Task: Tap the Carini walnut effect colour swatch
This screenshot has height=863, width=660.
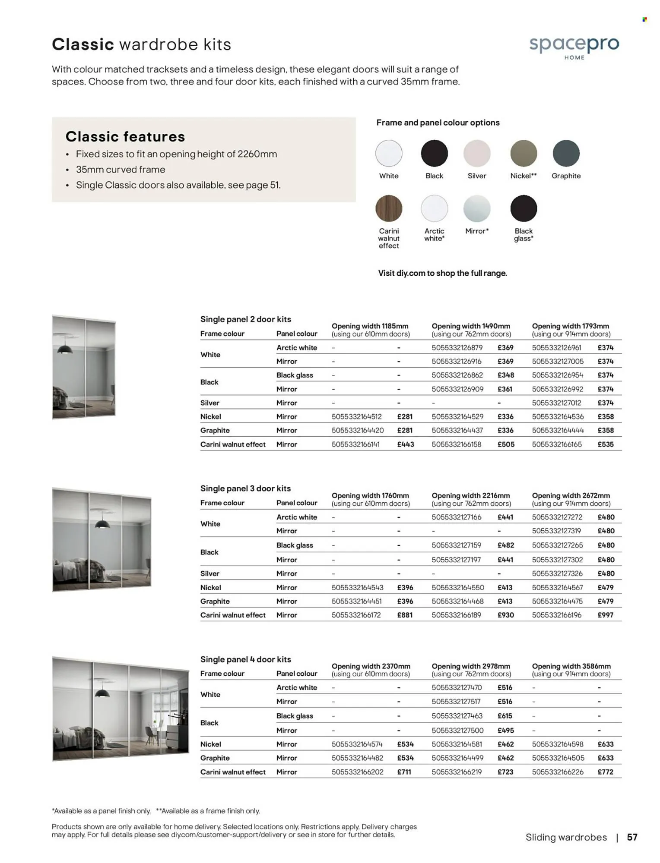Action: point(389,208)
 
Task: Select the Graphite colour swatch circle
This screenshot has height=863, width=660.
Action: point(566,154)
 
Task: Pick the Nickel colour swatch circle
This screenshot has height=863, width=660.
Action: point(524,154)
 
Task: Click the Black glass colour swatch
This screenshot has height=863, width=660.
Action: point(524,208)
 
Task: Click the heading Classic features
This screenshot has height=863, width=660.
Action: point(125,137)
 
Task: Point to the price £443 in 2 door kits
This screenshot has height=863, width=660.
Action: point(406,444)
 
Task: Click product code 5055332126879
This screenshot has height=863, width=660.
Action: point(457,348)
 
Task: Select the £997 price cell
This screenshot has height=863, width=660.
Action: point(605,615)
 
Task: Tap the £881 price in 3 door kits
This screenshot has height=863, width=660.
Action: point(405,615)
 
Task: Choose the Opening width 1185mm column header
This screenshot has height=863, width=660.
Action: point(370,330)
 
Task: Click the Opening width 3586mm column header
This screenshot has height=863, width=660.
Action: point(571,670)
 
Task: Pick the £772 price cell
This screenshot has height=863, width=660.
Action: point(605,772)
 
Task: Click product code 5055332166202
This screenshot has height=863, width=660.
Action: point(357,772)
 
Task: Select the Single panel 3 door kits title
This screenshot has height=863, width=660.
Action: point(245,488)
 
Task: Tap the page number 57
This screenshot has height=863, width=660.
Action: point(632,838)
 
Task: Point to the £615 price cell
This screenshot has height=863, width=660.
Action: point(505,716)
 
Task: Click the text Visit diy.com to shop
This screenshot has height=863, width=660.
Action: point(442,273)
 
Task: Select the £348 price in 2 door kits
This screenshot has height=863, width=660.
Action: point(505,375)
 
